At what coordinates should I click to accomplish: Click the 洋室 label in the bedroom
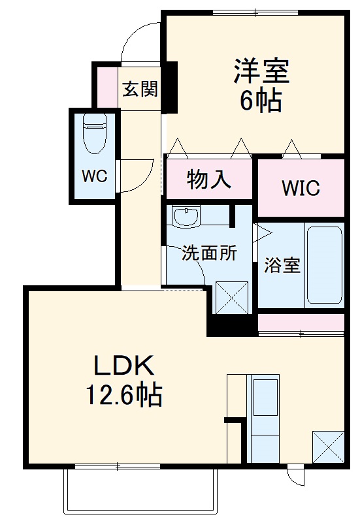(261, 71)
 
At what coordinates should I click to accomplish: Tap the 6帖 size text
(261, 101)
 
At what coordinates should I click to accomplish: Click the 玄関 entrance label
(140, 89)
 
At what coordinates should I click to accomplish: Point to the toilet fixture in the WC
(95, 133)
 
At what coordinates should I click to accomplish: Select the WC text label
(95, 176)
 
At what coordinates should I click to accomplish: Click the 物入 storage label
(209, 180)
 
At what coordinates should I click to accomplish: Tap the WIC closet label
(301, 188)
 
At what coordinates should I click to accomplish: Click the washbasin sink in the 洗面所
(186, 217)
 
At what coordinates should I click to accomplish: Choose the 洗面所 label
(209, 253)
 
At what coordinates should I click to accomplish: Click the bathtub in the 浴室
(324, 265)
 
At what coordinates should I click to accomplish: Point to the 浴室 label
(282, 265)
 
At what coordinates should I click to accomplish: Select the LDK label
(124, 366)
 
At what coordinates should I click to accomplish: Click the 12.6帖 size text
(124, 396)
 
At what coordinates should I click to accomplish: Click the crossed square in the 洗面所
(232, 297)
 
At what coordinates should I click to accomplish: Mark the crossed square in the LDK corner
(328, 447)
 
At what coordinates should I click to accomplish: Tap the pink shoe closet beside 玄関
(107, 87)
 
